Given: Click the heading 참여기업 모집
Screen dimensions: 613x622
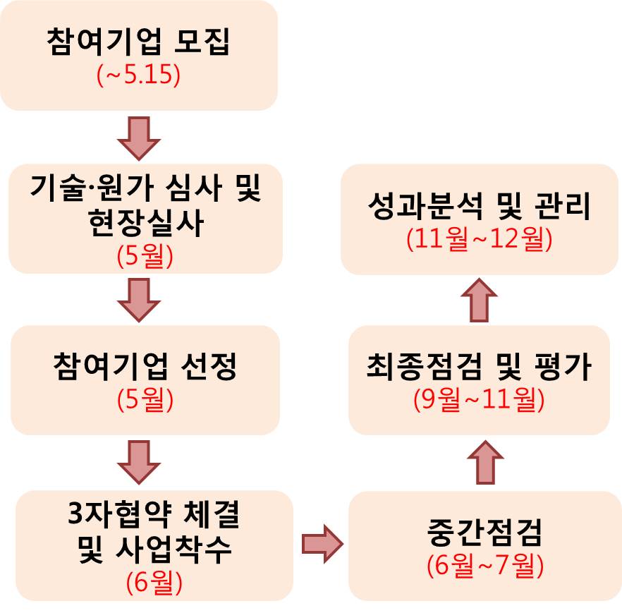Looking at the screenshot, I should point(139,42).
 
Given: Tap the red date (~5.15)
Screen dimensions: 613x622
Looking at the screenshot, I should point(139,75).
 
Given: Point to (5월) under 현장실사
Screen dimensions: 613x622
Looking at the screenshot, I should point(145,255).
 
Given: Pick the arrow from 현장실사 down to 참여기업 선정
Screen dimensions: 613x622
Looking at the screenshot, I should point(139,299).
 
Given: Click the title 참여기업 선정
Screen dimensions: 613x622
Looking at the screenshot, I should point(145,366).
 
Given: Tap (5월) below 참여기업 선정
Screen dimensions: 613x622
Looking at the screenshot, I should point(145,399).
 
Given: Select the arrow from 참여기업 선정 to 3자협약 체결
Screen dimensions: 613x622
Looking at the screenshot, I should point(139,463).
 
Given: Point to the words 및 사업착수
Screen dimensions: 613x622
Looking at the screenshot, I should point(154,550).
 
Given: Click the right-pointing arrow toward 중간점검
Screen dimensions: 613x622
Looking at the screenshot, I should point(322,543).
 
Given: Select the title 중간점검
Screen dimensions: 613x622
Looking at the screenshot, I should point(484,533).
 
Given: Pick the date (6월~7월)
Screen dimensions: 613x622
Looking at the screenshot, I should point(484,566).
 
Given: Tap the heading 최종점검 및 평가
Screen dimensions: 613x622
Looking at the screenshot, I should point(479,368).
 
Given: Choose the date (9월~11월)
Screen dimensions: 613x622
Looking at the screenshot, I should point(479,399).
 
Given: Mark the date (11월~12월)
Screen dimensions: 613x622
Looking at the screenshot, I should point(479,239).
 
